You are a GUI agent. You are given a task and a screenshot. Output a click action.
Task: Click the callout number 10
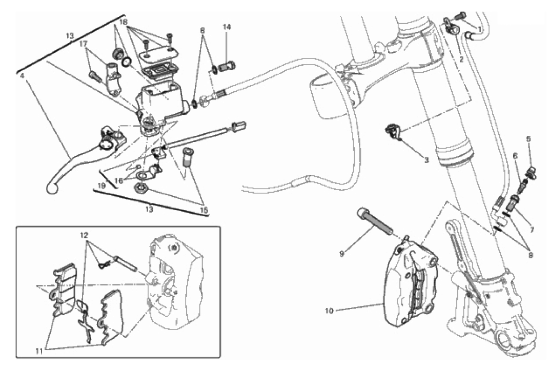coord(329,310)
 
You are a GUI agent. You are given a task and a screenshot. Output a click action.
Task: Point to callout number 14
coord(226,26)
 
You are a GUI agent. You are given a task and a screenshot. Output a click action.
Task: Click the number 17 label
coord(83,45)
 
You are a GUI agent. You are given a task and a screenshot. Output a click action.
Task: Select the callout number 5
coord(530,139)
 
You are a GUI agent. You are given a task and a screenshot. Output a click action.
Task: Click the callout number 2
coord(461,59)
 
